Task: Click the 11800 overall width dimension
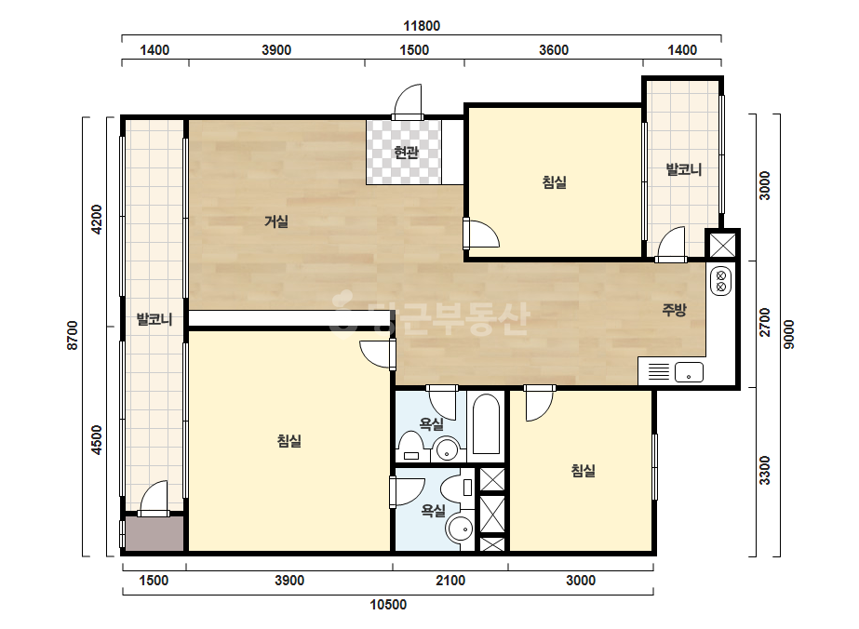point(422,26)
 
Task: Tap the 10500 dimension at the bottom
point(388,605)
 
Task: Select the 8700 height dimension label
point(73,335)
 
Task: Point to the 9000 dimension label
point(788,334)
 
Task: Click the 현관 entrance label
point(406,152)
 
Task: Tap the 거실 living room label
point(276,221)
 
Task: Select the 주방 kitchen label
point(674,310)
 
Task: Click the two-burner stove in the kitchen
point(720,281)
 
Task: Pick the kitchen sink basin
point(689,372)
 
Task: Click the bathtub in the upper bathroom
point(487,423)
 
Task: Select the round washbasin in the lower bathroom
point(460,529)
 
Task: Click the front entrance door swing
point(409,100)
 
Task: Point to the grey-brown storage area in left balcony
point(154,534)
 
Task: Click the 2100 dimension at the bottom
point(450,581)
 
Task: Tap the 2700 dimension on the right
point(765,323)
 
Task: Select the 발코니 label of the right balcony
point(683,169)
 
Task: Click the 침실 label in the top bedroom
point(555,181)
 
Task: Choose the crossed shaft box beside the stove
point(722,245)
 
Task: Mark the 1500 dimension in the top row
point(414,50)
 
